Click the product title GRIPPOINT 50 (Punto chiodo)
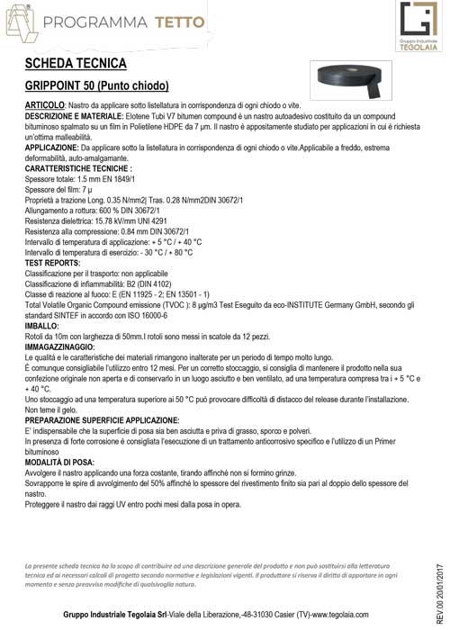pos(97,87)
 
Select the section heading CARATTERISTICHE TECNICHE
pos(79,167)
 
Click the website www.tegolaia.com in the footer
pos(356,615)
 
